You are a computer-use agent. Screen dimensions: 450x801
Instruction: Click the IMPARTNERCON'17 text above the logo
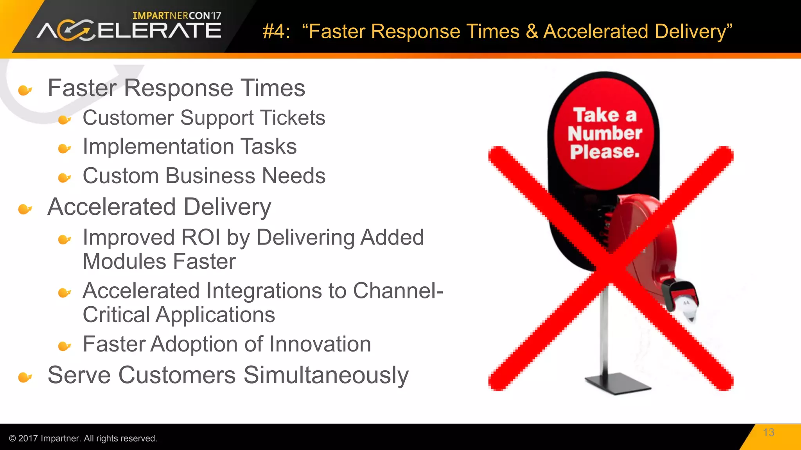[x=177, y=16]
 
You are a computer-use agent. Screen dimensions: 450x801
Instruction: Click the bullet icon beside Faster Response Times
[x=25, y=90]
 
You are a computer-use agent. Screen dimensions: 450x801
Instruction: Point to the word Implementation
[x=158, y=146]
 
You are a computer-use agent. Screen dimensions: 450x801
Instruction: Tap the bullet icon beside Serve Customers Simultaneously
[x=25, y=377]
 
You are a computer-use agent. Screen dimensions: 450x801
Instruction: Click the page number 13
[x=768, y=432]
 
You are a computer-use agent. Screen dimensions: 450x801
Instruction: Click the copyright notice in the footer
[x=83, y=438]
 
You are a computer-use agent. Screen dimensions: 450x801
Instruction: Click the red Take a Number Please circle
[x=605, y=134]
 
